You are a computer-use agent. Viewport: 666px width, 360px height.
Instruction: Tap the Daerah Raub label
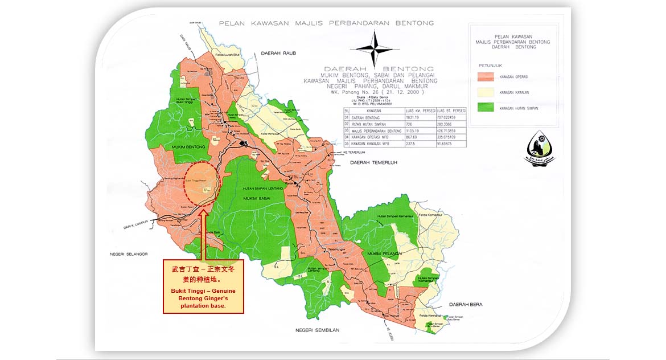[276, 53]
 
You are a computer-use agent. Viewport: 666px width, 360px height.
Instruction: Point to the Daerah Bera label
[465, 305]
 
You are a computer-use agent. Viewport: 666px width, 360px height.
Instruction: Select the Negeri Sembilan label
[317, 330]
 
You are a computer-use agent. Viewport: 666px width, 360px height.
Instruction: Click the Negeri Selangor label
[129, 254]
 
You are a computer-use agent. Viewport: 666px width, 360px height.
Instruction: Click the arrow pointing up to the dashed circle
[203, 234]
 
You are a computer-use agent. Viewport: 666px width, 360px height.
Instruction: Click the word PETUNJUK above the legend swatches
[488, 65]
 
